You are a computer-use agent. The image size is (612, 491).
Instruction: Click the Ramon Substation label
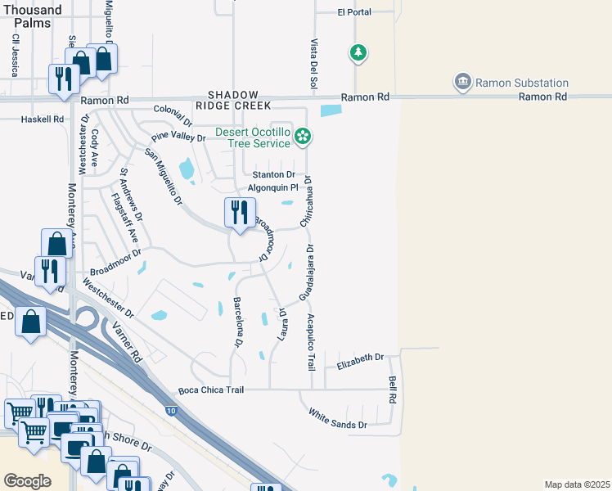pos(522,83)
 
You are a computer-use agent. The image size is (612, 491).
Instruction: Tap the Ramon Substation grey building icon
pos(463,82)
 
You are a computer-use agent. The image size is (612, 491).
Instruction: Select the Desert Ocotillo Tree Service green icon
pos(304,137)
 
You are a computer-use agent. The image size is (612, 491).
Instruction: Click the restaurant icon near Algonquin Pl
pos(240,213)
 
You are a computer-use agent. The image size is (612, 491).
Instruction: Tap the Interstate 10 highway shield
pos(169,410)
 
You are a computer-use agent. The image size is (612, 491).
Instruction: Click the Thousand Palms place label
pos(31,16)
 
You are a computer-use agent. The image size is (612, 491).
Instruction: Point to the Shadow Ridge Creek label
pos(232,101)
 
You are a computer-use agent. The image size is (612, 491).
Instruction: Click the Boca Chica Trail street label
pos(211,390)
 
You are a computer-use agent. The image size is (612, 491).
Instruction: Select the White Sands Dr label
pos(337,418)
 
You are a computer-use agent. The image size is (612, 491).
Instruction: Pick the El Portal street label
pos(354,12)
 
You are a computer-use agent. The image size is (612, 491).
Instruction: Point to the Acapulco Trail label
pos(311,342)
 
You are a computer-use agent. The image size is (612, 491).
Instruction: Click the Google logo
pos(27,481)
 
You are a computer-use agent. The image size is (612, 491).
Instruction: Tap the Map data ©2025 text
pos(577,484)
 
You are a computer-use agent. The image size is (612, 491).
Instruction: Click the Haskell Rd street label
pos(42,119)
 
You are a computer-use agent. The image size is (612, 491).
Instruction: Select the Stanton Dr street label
pos(273,174)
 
